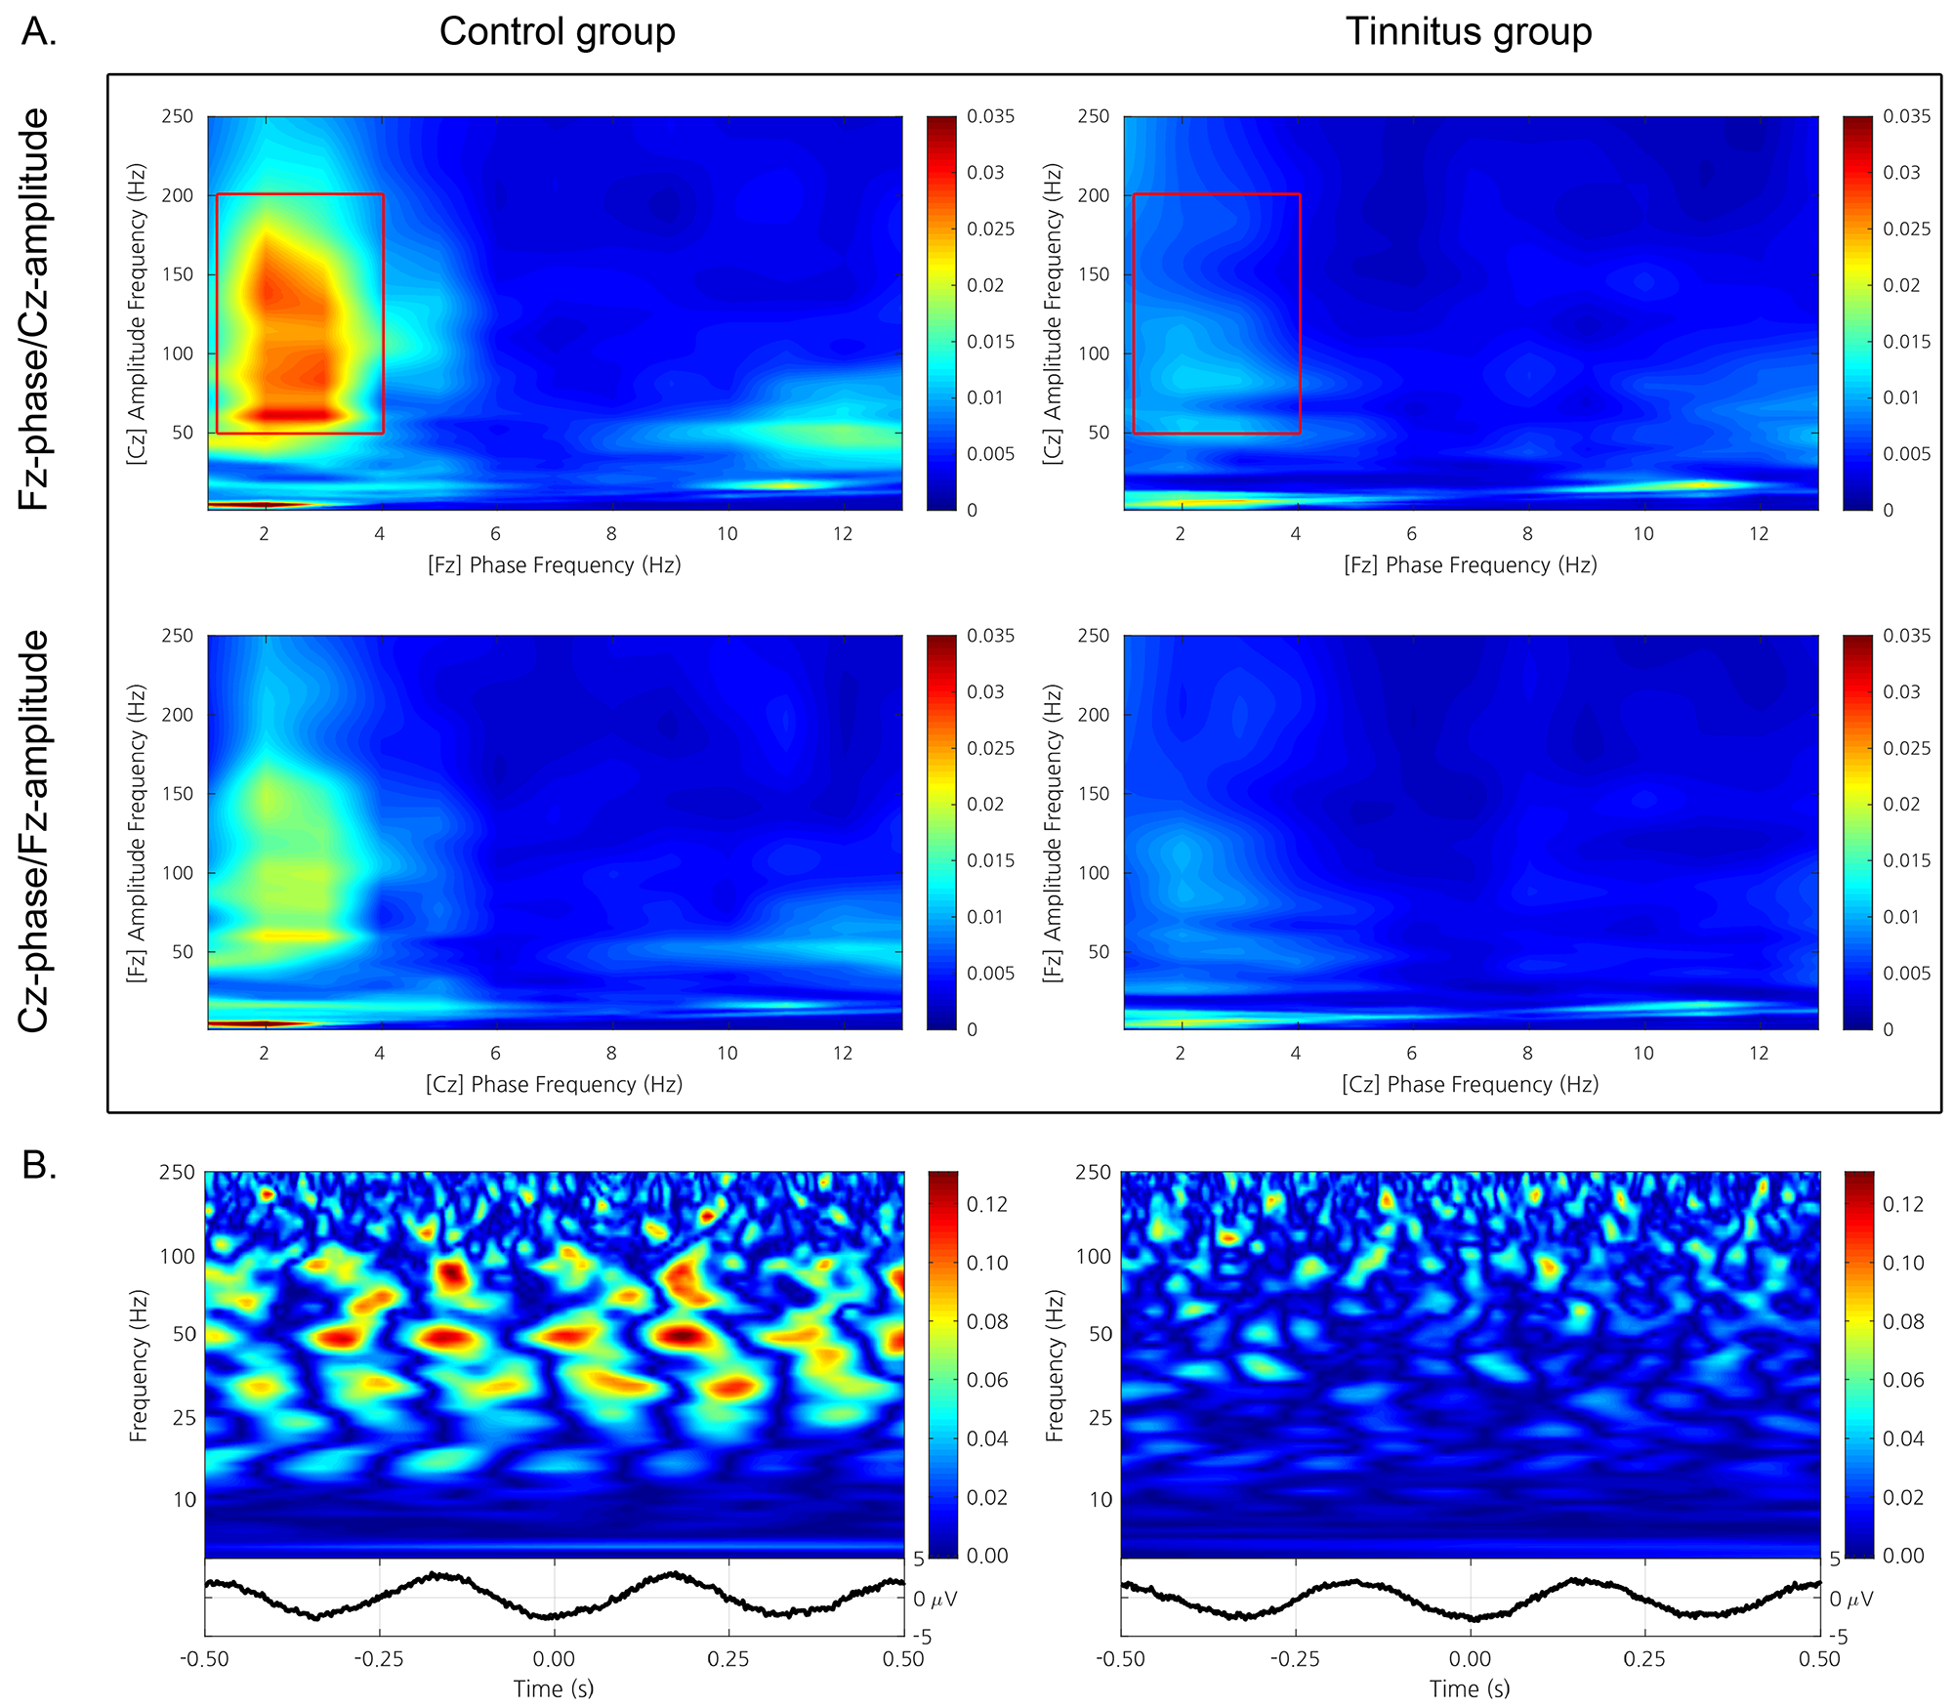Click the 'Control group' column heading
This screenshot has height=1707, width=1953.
pyautogui.click(x=557, y=32)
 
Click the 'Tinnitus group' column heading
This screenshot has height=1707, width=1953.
pyautogui.click(x=1469, y=32)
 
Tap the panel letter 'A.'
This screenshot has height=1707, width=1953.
pyautogui.click(x=40, y=32)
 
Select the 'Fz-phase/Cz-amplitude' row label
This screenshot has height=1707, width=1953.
pyautogui.click(x=35, y=309)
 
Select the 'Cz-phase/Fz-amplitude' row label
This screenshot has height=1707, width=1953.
pyautogui.click(x=35, y=831)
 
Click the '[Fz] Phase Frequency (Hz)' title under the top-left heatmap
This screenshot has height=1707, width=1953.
pyautogui.click(x=554, y=565)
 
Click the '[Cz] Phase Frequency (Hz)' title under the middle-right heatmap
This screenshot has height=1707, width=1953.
pyautogui.click(x=1470, y=1084)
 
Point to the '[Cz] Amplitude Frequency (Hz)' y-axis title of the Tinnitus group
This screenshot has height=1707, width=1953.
pyautogui.click(x=1052, y=313)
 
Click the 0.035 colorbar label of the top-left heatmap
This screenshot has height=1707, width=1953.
pyautogui.click(x=990, y=116)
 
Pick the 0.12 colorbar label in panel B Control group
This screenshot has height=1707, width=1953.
pyautogui.click(x=986, y=1204)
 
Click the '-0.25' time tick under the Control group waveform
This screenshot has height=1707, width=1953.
pyautogui.click(x=379, y=1659)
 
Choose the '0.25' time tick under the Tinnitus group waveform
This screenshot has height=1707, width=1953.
pyautogui.click(x=1644, y=1659)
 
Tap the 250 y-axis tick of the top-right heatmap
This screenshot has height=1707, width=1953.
pyautogui.click(x=1093, y=116)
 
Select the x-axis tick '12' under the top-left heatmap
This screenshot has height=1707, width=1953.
pyautogui.click(x=843, y=534)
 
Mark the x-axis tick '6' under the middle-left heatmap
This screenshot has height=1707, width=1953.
pyautogui.click(x=495, y=1053)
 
